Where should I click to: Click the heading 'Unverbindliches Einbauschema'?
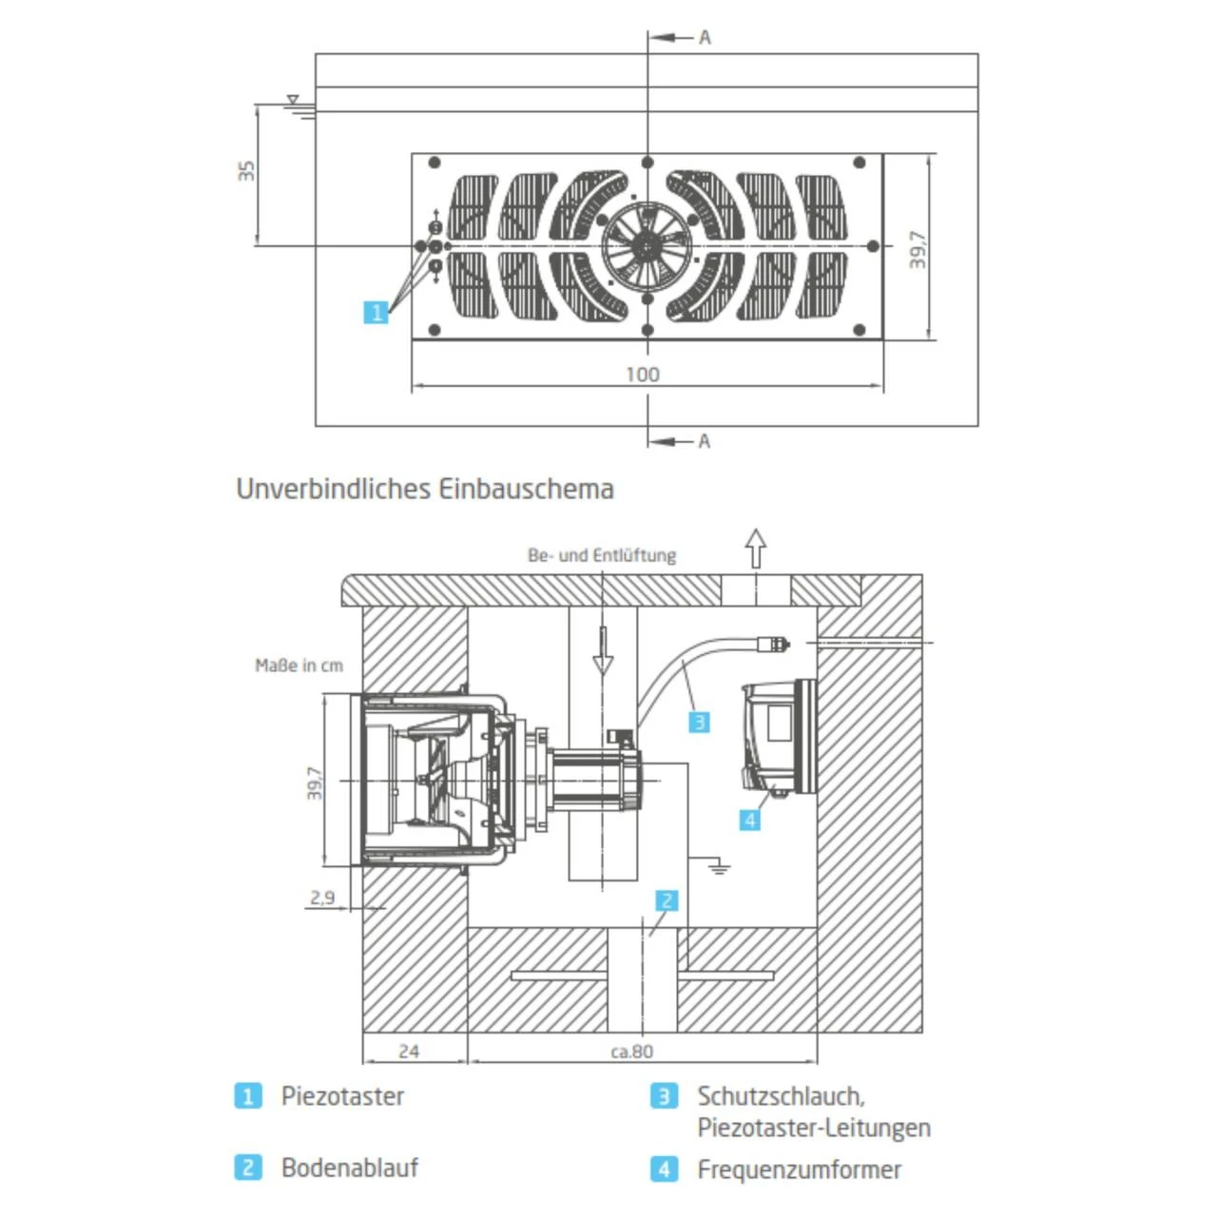pos(424,489)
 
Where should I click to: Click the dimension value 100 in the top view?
pos(643,374)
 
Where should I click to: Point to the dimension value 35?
pos(246,171)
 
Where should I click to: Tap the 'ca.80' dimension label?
pos(631,1051)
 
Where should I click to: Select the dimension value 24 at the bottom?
pos(409,1051)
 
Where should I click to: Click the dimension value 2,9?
pos(322,897)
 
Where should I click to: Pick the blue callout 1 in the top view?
pos(377,312)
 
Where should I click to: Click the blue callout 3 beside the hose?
pos(699,722)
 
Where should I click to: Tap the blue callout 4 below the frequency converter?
pos(750,820)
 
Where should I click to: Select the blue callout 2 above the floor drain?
pos(667,900)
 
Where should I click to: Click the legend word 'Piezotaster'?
pos(342,1096)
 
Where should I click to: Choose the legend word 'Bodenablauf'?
pos(349,1168)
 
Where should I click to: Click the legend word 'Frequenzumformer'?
pos(799,1169)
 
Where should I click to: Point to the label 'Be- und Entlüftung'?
pos(602,555)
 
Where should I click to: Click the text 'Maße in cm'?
pos(299,666)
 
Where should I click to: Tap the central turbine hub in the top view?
pos(647,245)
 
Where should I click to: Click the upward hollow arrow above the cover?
pos(755,549)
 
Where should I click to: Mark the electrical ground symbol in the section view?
pos(720,866)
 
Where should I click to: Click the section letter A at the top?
pos(705,37)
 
